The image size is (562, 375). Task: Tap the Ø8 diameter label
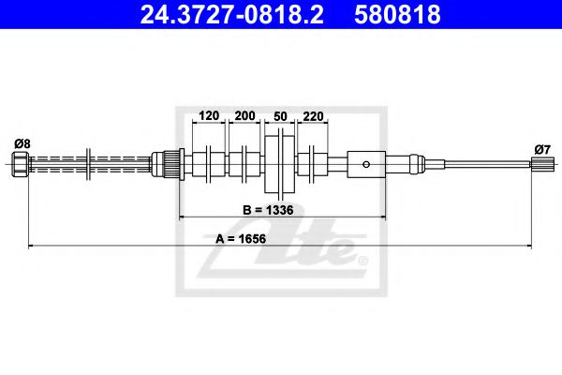22,143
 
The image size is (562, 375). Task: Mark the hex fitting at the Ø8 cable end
22,167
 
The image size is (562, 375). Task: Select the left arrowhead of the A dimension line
33,246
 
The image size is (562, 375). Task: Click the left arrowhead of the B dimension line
182,217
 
